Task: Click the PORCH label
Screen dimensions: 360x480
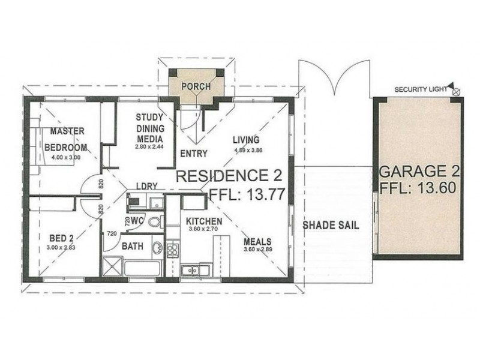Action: tap(196, 86)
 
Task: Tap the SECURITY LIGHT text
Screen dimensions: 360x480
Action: tap(421, 91)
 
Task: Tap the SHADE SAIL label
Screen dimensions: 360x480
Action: tap(330, 226)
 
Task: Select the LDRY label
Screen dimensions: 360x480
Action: tap(146, 186)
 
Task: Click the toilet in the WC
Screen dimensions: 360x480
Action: tap(155, 222)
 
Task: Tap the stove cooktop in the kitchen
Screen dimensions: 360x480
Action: tap(172, 247)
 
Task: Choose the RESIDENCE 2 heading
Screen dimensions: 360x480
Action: tap(229, 176)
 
